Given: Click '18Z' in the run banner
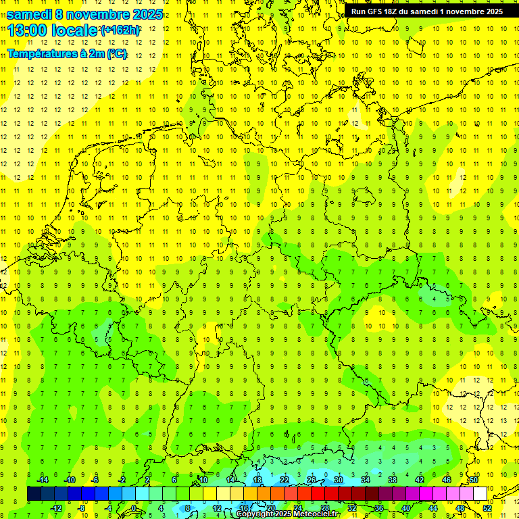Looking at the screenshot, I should click(x=397, y=11).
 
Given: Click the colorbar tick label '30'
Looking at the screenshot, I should click(x=339, y=479).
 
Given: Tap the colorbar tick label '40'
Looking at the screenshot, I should click(x=405, y=508).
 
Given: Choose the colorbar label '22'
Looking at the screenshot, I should click(x=285, y=479).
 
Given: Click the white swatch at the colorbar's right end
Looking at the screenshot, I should click(x=480, y=493).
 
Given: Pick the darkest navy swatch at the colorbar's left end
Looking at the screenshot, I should click(x=33, y=493).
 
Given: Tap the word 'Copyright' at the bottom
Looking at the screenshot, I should click(x=255, y=514).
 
